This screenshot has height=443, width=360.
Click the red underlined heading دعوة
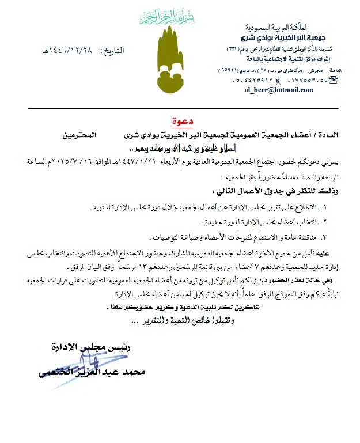(x=184, y=122)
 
